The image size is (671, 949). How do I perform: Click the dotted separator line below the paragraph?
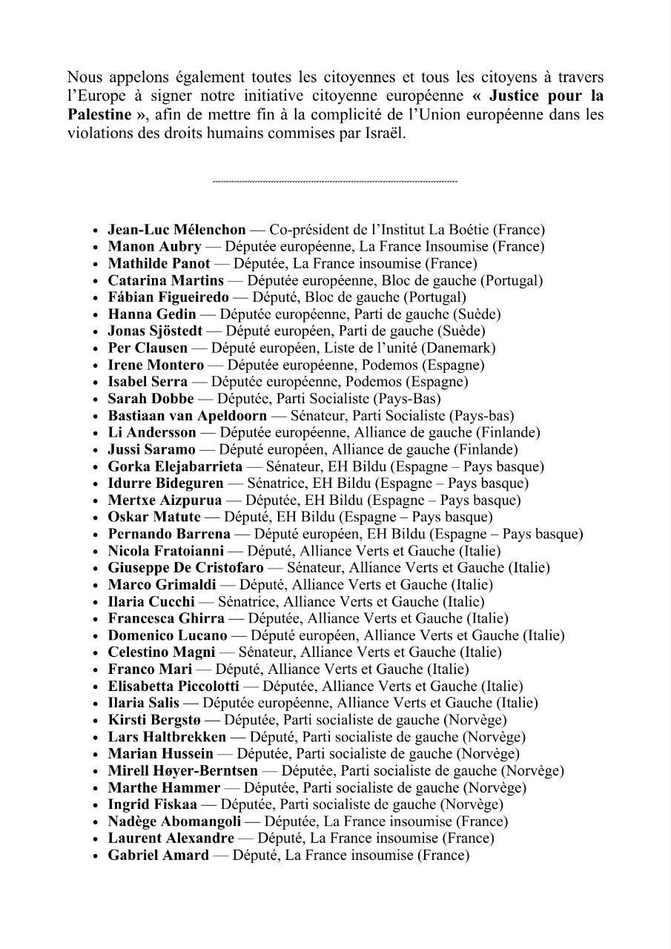[x=334, y=182]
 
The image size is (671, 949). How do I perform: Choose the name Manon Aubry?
[x=154, y=247]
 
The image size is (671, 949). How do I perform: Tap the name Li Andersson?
[x=152, y=433]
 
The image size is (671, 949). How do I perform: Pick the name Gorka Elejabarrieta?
[x=175, y=467]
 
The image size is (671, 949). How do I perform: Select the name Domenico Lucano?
[x=168, y=636]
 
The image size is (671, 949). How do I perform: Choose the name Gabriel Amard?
[x=158, y=856]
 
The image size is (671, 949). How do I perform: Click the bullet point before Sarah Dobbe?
[x=96, y=400]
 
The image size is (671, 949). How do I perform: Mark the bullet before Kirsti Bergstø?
[x=96, y=721]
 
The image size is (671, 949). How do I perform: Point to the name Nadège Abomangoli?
[x=173, y=822]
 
